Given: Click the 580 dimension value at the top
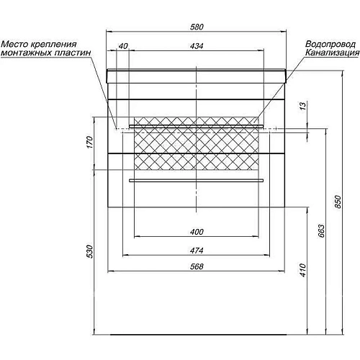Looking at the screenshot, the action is tap(197, 27).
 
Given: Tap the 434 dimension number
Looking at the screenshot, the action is tap(197, 46).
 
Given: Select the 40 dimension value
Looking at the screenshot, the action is tap(123, 46).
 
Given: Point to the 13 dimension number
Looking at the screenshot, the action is tap(303, 106).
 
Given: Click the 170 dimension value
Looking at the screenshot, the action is tap(89, 142).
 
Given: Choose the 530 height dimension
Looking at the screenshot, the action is tap(89, 251).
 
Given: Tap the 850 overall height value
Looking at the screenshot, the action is tap(338, 202).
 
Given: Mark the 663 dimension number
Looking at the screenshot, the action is tap(321, 230).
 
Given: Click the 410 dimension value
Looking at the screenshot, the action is tap(303, 270).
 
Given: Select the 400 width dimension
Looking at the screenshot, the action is tap(197, 232).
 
